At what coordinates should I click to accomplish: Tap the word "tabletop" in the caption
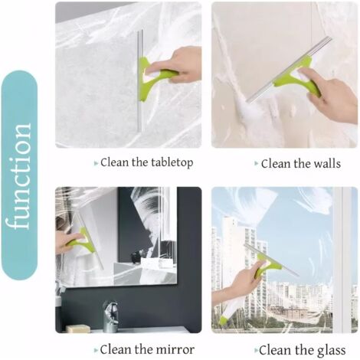tap(172, 163)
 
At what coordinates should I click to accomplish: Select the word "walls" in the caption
tap(327, 163)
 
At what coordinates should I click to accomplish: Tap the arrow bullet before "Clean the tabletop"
tap(97, 163)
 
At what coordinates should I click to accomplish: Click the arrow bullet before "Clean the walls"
tap(257, 163)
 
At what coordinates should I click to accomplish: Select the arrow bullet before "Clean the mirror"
tap(96, 350)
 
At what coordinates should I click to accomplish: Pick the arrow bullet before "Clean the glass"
tap(257, 350)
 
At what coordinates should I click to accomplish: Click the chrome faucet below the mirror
tap(110, 316)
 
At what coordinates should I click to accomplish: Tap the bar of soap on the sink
tap(77, 328)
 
